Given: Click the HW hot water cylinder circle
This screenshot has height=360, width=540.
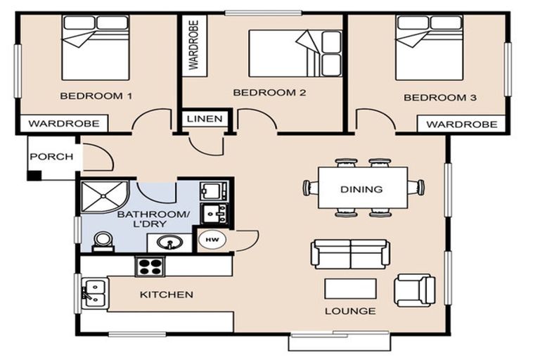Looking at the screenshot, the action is click(x=212, y=240).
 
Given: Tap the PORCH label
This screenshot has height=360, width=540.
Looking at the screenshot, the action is click(x=51, y=157).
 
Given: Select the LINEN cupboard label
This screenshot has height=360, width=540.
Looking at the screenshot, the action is click(x=205, y=119).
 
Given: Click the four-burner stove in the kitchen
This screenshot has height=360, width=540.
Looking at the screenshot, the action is click(x=150, y=266).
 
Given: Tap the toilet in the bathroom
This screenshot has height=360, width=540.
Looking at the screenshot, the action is click(x=103, y=241).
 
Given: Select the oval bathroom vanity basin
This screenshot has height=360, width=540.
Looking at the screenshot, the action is click(x=169, y=242).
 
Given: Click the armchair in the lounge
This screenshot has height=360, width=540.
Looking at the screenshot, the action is click(x=414, y=290).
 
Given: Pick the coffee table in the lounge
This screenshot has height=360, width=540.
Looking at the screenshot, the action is click(x=350, y=288).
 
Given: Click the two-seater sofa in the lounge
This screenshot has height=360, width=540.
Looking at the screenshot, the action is click(x=350, y=255).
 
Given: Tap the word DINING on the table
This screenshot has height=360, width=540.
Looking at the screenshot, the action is click(x=361, y=189).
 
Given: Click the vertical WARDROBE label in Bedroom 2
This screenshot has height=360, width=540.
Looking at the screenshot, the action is click(x=194, y=45).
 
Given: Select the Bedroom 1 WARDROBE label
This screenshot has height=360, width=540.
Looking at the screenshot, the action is click(x=64, y=124).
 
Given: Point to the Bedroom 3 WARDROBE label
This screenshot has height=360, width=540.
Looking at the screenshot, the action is click(x=462, y=124).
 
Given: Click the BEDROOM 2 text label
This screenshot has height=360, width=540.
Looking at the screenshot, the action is click(x=269, y=92).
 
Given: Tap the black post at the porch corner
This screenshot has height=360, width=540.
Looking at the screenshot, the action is click(x=34, y=175).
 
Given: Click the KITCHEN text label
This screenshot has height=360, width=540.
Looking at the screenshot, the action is click(x=167, y=295).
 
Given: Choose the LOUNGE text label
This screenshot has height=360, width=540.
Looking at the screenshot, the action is click(x=350, y=311).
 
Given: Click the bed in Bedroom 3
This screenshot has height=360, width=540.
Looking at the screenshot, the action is click(x=429, y=48).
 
